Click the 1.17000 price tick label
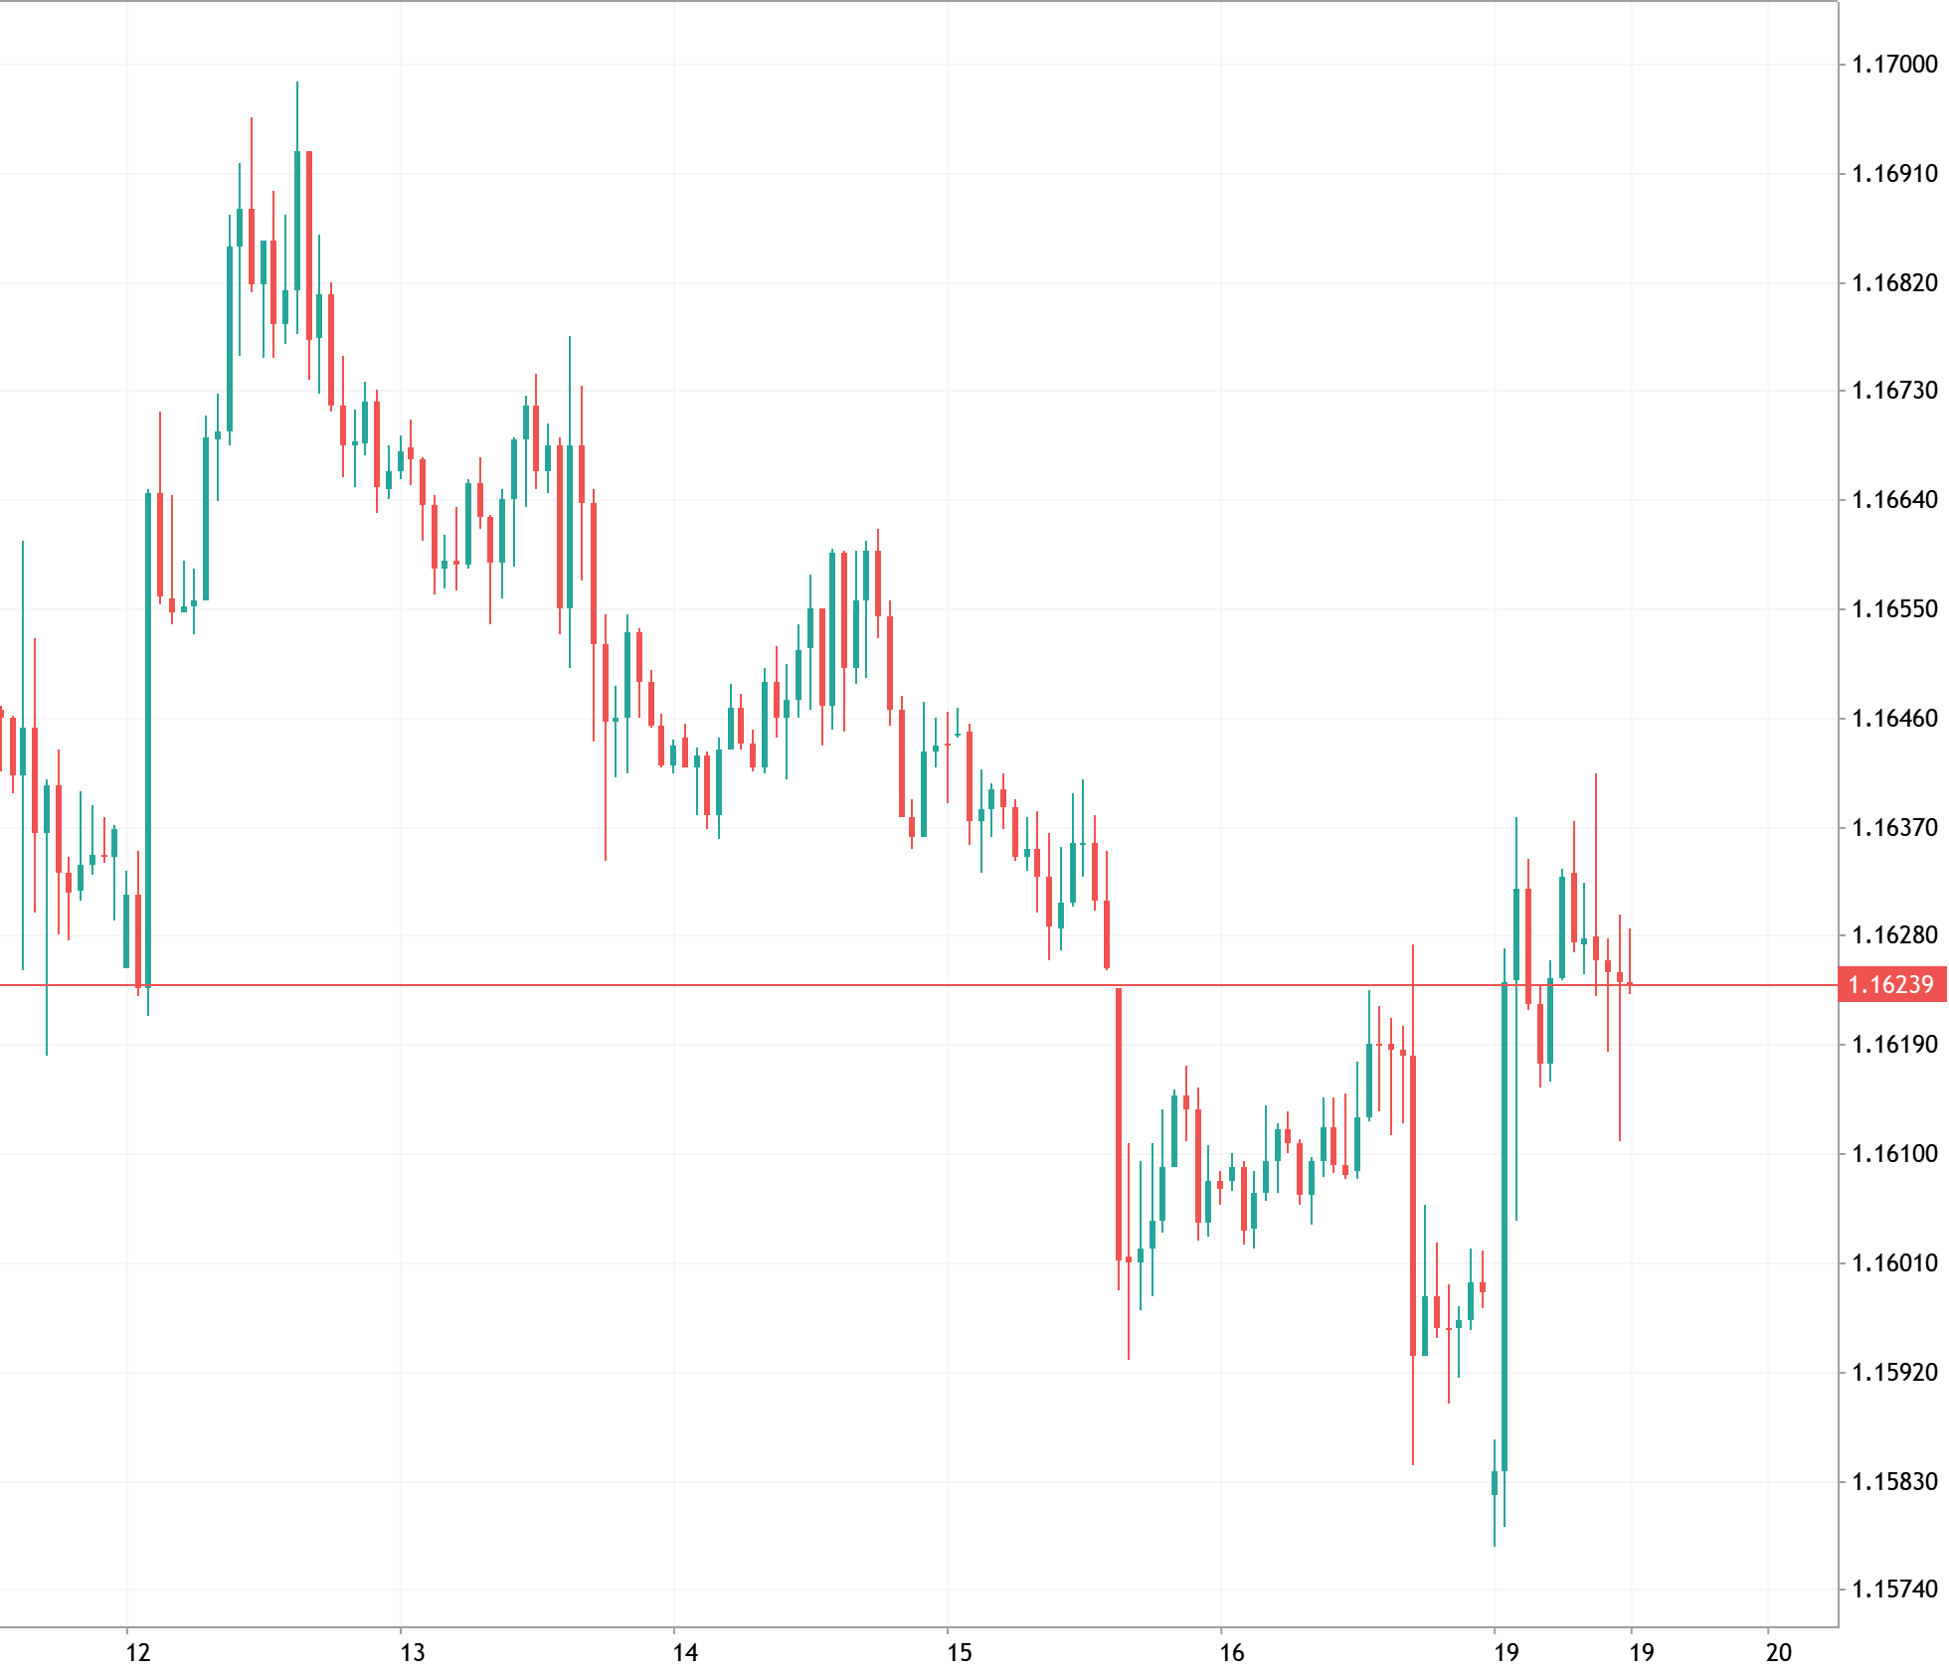pos(1894,65)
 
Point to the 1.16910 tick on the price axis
pos(1894,174)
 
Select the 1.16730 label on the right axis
pos(1894,391)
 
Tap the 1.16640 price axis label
pos(1894,500)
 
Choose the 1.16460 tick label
pos(1894,718)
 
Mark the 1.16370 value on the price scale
pos(1894,827)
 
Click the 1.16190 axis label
pos(1894,1045)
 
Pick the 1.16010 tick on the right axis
pos(1894,1263)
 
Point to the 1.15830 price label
pos(1894,1482)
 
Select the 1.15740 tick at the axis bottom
pos(1894,1590)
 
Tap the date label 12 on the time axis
pos(138,1653)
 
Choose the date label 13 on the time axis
pos(412,1653)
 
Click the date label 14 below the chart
pos(685,1653)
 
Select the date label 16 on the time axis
pos(1232,1653)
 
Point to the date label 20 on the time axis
pos(1779,1653)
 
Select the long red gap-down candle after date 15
pos(1119,1123)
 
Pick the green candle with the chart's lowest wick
pos(1495,1482)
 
